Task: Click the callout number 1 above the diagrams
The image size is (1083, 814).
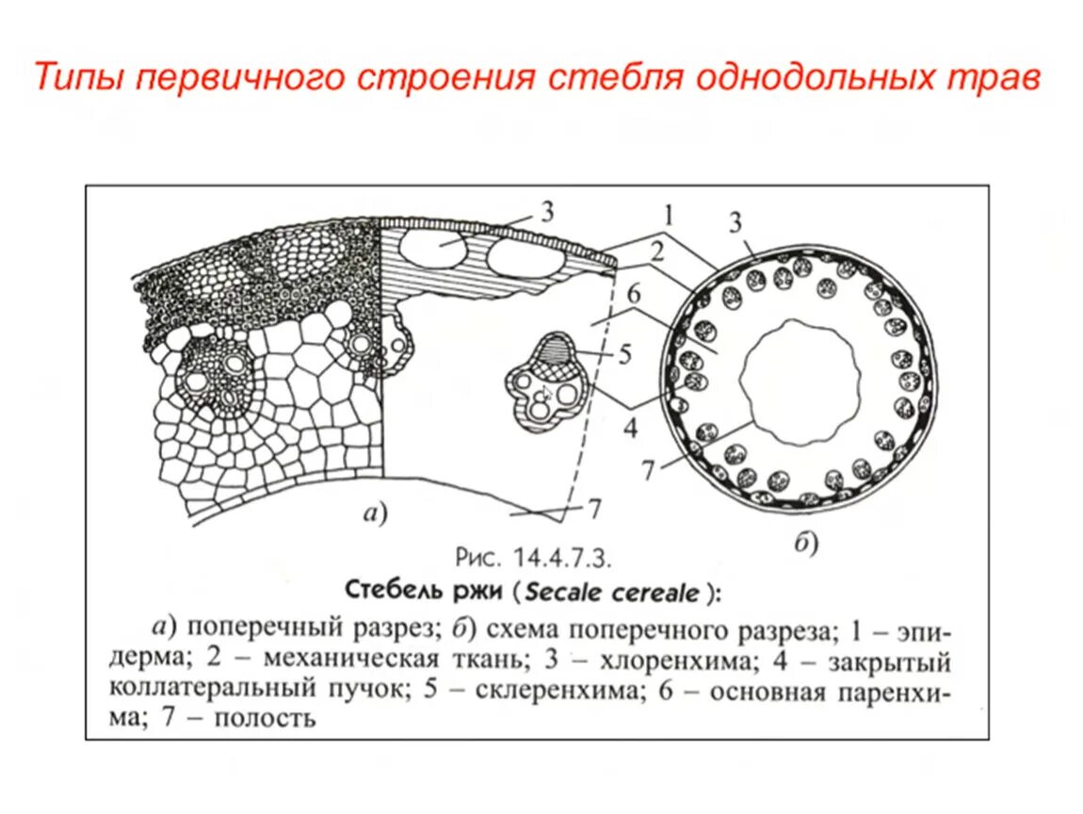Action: click(667, 216)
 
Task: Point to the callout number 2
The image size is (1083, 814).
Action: click(656, 252)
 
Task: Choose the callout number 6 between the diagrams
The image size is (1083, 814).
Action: click(635, 294)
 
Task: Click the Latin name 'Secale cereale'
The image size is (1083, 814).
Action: click(612, 592)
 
